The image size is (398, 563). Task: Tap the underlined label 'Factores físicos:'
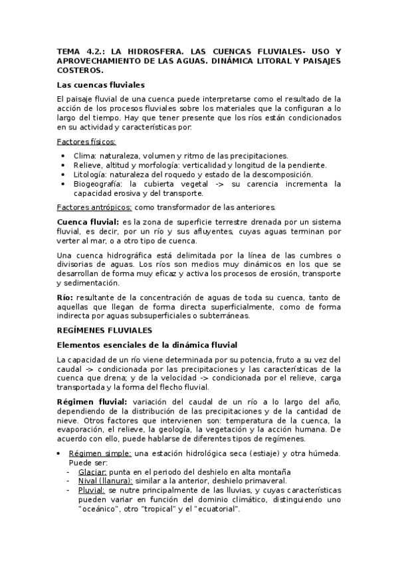click(86, 142)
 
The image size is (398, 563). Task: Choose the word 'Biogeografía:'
click(98, 184)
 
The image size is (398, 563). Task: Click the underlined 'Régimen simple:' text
click(100, 453)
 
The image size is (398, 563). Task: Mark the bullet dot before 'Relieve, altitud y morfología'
click(62, 165)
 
